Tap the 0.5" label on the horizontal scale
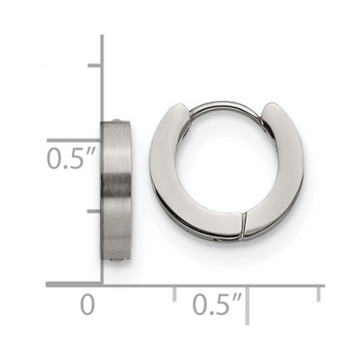217,304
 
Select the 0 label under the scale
87,304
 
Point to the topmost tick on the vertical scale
94,66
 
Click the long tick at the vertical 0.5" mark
74,140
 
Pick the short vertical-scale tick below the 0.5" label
94,211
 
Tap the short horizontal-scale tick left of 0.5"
175,293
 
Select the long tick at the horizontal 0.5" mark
247,305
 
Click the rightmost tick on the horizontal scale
319,293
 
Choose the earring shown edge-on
115,190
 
